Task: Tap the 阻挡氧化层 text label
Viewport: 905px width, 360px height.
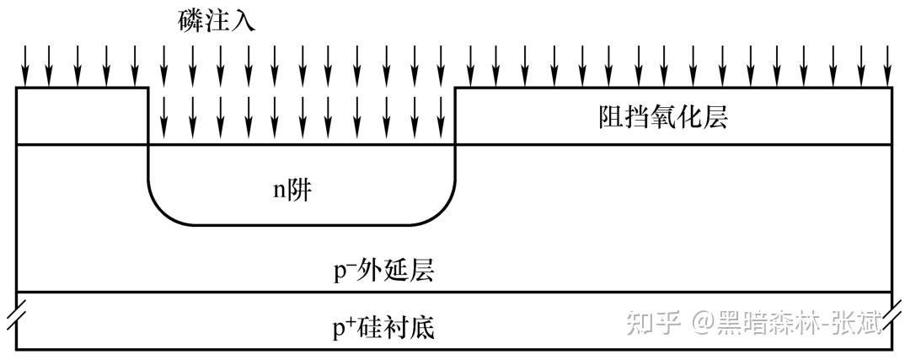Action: (661, 117)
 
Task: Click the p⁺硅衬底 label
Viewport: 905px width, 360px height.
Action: (384, 325)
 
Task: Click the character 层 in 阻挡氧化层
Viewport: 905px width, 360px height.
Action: (715, 117)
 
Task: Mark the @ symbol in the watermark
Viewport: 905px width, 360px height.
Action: (703, 322)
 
